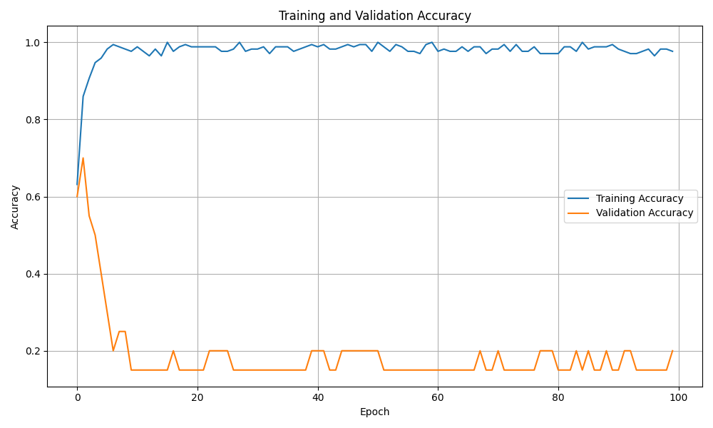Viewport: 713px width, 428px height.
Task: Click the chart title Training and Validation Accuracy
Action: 374,16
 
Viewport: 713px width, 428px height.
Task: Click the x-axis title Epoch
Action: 374,412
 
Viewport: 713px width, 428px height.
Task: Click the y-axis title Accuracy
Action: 15,207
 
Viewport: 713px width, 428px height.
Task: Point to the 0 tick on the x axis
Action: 77,397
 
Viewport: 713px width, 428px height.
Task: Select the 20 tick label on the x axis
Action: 198,397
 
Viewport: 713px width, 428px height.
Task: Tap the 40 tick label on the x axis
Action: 317,397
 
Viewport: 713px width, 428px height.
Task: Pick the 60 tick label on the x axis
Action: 438,397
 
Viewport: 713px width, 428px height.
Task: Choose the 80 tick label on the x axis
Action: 558,397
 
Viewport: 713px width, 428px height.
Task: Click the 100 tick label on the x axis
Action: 678,397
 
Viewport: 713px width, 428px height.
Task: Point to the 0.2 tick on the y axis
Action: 33,351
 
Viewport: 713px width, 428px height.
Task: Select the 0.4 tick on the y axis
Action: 33,274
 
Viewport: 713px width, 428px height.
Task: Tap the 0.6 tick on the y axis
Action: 33,197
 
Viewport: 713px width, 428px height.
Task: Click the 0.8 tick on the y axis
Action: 33,120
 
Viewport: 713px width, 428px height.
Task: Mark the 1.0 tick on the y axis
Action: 33,43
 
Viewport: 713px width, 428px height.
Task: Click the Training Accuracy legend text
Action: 640,198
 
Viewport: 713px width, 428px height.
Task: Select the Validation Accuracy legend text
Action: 645,213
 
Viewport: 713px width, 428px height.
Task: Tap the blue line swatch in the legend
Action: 579,198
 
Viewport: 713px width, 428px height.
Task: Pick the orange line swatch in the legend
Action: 579,213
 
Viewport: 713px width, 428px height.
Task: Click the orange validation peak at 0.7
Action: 83,158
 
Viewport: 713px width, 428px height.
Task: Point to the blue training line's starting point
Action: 77,185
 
